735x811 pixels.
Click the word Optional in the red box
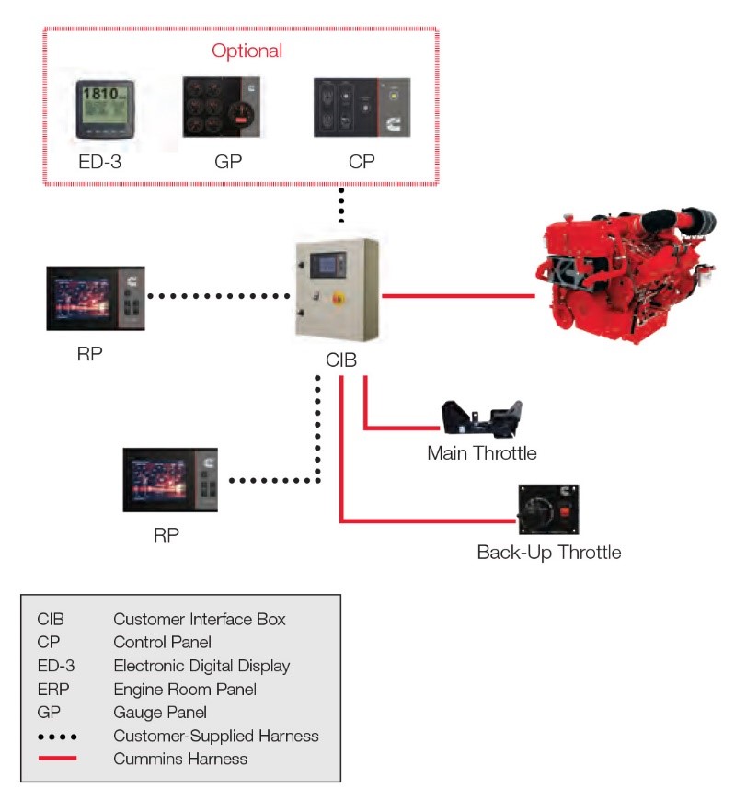(247, 51)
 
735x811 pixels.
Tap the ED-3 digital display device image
(102, 109)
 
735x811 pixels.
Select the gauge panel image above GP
(222, 108)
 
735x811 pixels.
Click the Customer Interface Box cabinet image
(337, 290)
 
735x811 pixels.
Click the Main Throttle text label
(481, 453)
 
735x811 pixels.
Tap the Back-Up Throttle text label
(548, 553)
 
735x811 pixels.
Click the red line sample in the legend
(57, 759)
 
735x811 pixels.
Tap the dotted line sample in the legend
(57, 737)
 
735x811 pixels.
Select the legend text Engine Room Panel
(184, 689)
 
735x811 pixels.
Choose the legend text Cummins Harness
(180, 759)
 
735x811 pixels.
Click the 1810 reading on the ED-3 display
(98, 94)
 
